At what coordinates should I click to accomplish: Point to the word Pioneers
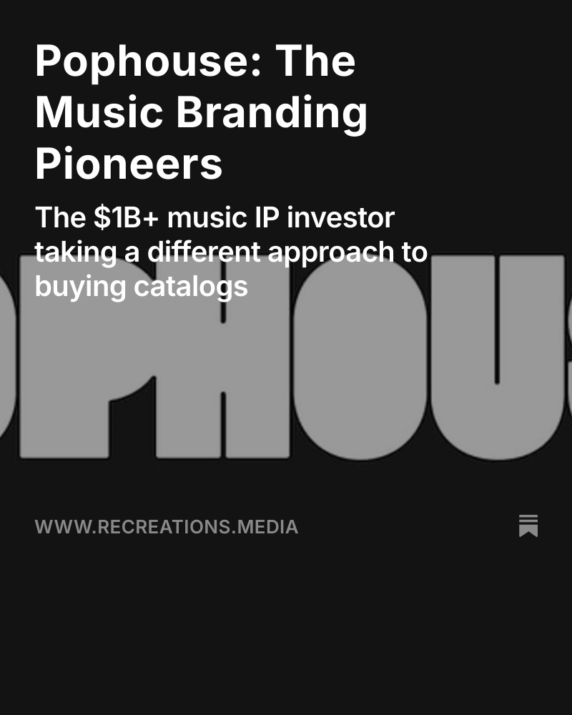(129, 164)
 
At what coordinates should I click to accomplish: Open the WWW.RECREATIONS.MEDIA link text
(167, 527)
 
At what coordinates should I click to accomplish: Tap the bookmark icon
(528, 526)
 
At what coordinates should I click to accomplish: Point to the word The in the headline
(315, 61)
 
